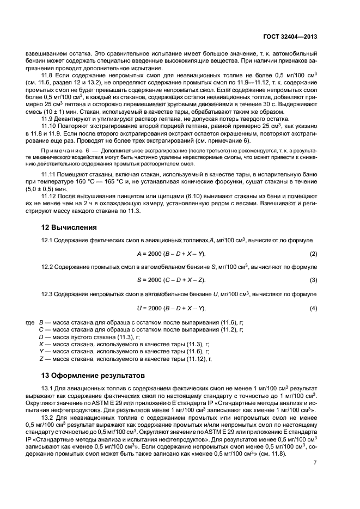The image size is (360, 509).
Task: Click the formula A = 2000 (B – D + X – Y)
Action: coord(171,254)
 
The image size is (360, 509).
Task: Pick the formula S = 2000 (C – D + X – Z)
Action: coord(171,279)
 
